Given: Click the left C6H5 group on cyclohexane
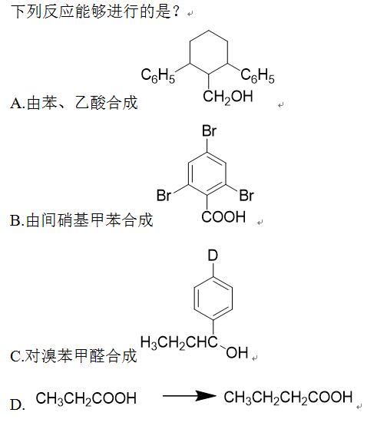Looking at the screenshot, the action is pyautogui.click(x=157, y=75).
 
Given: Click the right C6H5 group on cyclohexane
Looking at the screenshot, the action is pyautogui.click(x=258, y=75).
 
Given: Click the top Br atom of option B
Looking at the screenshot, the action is pyautogui.click(x=209, y=130).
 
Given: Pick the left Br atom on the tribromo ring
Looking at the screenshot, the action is pyautogui.click(x=164, y=196).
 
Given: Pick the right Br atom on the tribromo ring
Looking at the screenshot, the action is pyautogui.click(x=246, y=196).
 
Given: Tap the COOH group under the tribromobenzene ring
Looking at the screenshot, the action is pyautogui.click(x=223, y=217).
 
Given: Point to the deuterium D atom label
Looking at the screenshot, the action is pyautogui.click(x=213, y=256).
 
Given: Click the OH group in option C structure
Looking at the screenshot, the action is pyautogui.click(x=237, y=352).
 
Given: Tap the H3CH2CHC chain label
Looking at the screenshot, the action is pyautogui.click(x=179, y=342).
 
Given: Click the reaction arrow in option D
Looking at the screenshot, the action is pyautogui.click(x=190, y=396).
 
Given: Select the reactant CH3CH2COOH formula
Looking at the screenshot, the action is pyautogui.click(x=86, y=398).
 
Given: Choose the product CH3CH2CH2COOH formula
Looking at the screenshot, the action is pyautogui.click(x=288, y=398).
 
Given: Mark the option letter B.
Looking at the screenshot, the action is pyautogui.click(x=16, y=220).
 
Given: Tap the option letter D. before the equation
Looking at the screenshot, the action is pyautogui.click(x=17, y=404).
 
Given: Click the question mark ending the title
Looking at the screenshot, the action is pyautogui.click(x=176, y=12).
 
